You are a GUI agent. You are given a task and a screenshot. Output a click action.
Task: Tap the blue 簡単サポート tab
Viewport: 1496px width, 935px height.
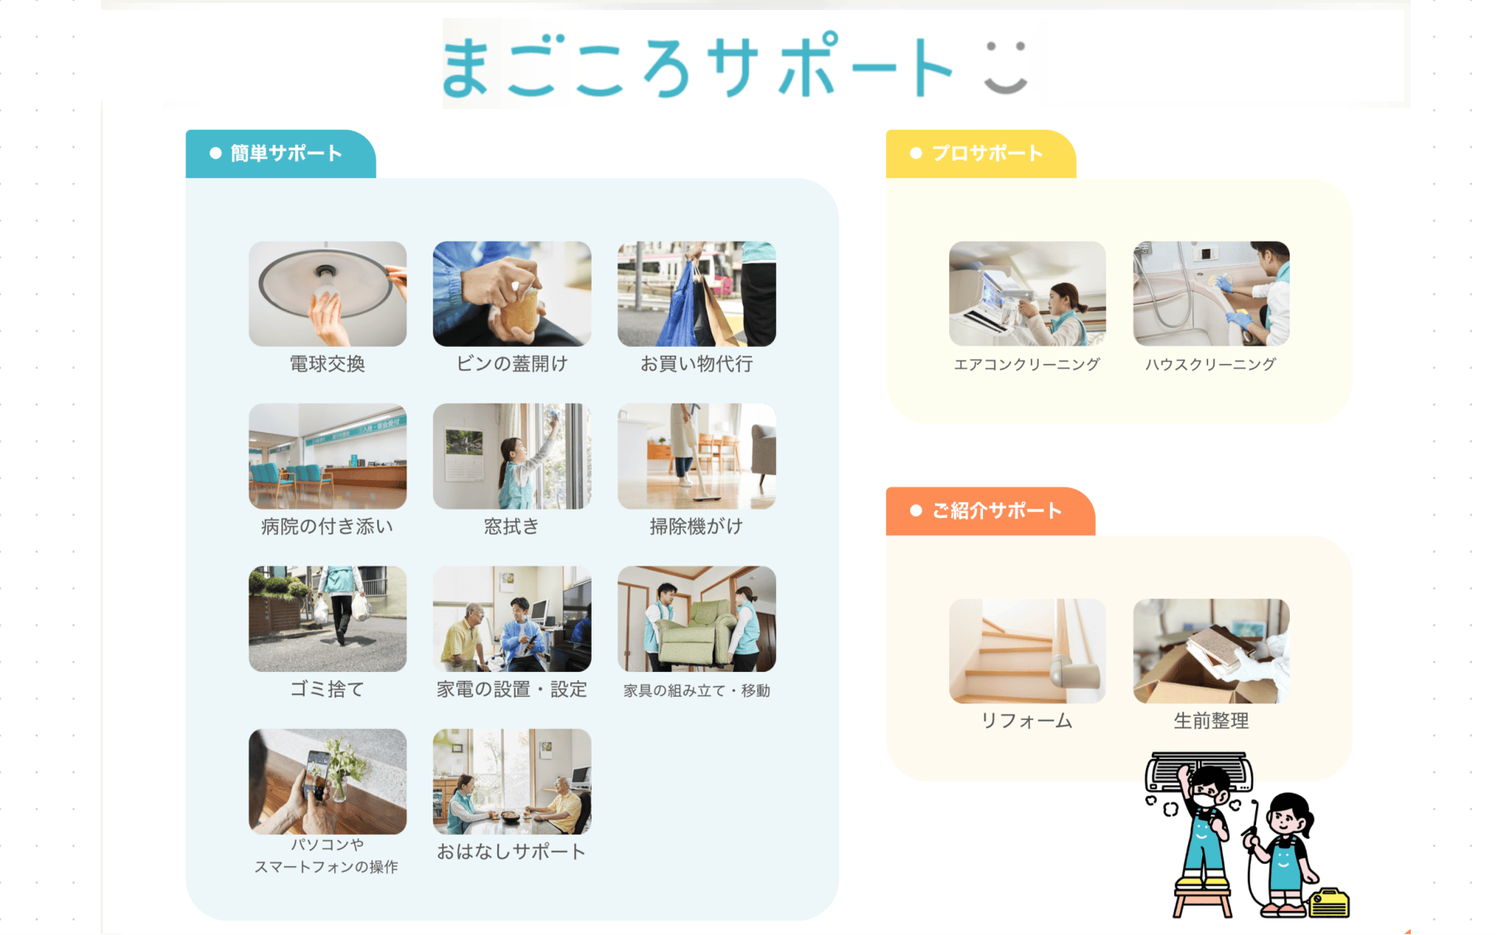click(280, 154)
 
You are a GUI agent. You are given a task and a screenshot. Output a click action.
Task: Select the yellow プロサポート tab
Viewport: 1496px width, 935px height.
click(981, 154)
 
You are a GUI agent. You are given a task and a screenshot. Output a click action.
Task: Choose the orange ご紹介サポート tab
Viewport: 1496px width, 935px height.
click(990, 511)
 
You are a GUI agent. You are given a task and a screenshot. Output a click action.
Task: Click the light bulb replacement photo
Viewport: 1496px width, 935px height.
click(328, 294)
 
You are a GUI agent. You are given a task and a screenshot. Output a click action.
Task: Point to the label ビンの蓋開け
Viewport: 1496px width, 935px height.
click(512, 364)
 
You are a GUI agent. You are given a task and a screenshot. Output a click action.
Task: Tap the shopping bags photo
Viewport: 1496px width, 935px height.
click(697, 294)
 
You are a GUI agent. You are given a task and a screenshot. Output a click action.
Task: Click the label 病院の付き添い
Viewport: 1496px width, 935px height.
click(328, 526)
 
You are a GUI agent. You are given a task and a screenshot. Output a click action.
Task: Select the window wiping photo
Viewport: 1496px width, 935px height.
click(512, 456)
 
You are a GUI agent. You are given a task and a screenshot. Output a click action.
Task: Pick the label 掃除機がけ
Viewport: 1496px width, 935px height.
click(697, 526)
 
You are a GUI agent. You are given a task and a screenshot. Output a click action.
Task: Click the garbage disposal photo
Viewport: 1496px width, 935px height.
click(328, 619)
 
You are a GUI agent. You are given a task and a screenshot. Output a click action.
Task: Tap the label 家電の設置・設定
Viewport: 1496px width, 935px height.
click(512, 689)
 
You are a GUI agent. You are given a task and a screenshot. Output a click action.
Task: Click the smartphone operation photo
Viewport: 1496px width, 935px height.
click(328, 782)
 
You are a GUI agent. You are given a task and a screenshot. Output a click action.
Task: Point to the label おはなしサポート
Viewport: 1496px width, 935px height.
click(512, 851)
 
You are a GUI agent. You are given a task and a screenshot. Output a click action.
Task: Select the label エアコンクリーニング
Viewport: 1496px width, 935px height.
click(1027, 364)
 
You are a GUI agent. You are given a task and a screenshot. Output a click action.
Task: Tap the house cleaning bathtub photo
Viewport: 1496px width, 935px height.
click(1211, 294)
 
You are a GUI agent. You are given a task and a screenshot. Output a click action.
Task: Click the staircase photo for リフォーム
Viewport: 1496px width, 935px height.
click(1028, 651)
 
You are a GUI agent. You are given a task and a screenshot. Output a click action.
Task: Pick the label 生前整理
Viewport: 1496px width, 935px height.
click(1211, 721)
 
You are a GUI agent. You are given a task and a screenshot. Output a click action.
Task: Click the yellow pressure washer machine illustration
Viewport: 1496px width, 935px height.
click(1328, 904)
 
